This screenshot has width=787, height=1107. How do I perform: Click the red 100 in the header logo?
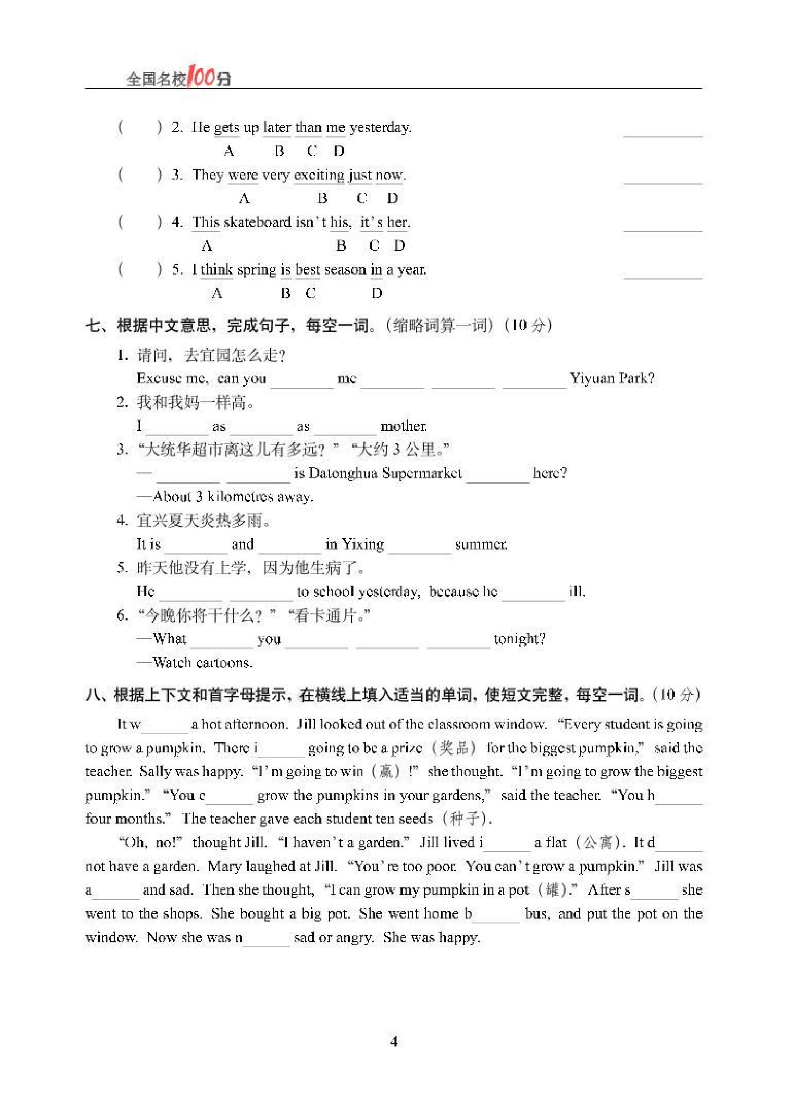coord(202,77)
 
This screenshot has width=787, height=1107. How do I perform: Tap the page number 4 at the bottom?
coord(393,1041)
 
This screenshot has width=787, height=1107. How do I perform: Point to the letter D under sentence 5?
coord(377,293)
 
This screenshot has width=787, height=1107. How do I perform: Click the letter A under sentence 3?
coord(244,198)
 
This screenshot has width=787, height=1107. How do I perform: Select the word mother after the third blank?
coord(403,426)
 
